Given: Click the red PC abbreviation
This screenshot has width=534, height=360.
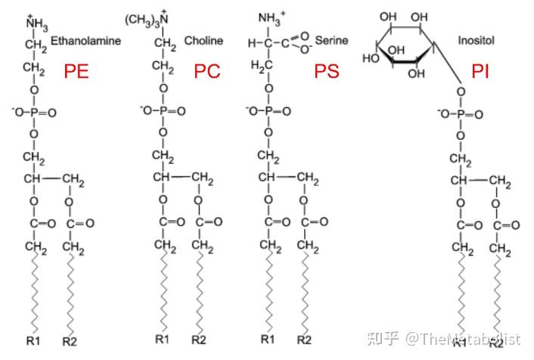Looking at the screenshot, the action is click(207, 72).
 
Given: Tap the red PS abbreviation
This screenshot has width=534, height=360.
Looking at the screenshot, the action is click(327, 72).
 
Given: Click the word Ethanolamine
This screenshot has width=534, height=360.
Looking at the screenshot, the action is click(85, 40).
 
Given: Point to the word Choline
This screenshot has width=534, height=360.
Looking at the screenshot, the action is click(200, 39).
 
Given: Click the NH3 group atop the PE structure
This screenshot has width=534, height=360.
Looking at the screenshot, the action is click(36, 24).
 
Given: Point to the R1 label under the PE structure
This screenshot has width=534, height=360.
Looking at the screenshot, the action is click(33, 340).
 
